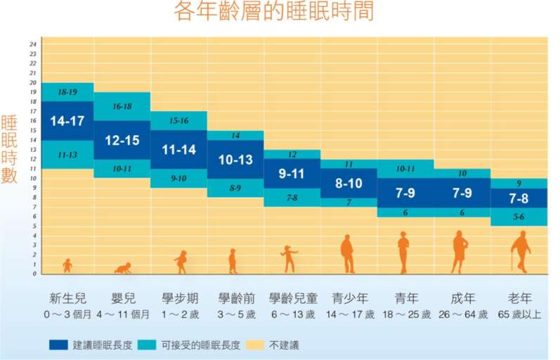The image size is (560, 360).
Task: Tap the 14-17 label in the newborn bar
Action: tap(67, 121)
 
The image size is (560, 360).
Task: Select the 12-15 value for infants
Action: tap(122, 140)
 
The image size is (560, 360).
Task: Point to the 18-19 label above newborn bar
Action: tap(67, 92)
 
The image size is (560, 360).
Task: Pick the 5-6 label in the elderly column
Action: tap(519, 217)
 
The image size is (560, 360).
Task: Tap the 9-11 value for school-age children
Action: tap(292, 173)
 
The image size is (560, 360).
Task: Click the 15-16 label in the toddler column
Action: tap(178, 121)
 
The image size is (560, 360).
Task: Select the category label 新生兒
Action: tap(67, 297)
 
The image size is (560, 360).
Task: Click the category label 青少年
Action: tap(349, 297)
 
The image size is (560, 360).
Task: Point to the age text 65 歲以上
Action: tap(519, 314)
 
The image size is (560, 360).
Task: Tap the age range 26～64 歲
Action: tap(462, 314)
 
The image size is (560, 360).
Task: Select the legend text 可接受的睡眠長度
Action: tap(200, 345)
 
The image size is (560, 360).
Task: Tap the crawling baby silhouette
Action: tap(123, 268)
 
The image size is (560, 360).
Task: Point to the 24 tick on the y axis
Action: tap(33, 44)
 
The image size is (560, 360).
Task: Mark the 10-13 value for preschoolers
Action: tap(235, 160)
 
